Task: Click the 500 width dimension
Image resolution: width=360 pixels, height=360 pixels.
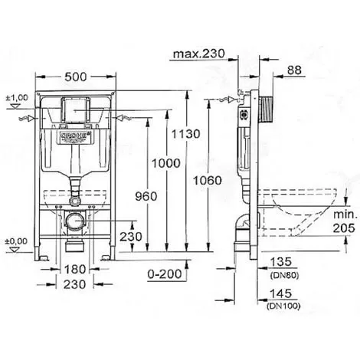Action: click(76, 77)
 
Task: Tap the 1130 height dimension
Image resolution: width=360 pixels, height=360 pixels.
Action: click(185, 134)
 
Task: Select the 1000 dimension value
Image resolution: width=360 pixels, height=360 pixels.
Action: click(166, 163)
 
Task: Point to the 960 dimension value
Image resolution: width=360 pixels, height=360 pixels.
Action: click(146, 196)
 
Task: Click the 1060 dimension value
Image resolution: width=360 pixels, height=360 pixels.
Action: click(208, 181)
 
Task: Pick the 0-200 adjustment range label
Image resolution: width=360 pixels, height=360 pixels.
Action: click(165, 274)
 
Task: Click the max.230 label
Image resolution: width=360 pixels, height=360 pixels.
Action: click(199, 54)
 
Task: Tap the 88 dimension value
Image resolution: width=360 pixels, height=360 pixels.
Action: click(294, 70)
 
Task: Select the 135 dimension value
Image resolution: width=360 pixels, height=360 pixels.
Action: click(280, 262)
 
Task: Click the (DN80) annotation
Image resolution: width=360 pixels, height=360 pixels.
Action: click(284, 276)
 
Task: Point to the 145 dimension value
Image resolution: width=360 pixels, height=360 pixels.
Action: click(280, 293)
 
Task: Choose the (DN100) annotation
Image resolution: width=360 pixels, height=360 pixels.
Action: click(283, 306)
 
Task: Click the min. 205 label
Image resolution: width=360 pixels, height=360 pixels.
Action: click(345, 221)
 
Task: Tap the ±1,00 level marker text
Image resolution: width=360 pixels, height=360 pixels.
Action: click(17, 97)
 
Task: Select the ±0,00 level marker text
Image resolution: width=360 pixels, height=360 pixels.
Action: click(16, 241)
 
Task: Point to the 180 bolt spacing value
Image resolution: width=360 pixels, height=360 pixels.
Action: click(74, 269)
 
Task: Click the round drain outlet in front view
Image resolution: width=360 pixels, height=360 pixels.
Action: click(74, 221)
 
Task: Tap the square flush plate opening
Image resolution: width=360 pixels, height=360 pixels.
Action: click(76, 110)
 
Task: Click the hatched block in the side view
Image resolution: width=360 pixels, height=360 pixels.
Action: click(267, 110)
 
